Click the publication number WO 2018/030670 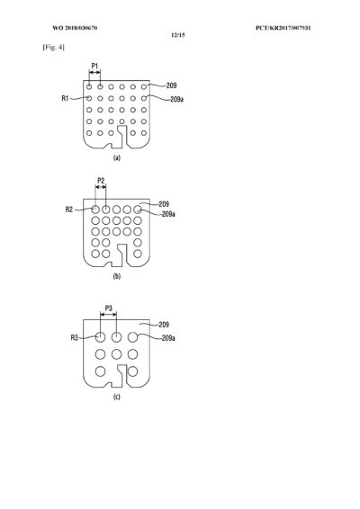(75, 28)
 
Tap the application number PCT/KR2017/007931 (283, 28)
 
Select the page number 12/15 (178, 35)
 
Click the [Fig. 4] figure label (54, 48)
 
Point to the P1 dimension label (94, 66)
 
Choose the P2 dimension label (102, 181)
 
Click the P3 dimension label (109, 308)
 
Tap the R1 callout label (65, 98)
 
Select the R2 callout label (69, 210)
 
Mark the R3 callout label (75, 338)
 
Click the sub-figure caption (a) (117, 158)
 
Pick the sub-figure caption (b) (117, 277)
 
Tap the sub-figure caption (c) (117, 397)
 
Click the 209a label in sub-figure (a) (176, 99)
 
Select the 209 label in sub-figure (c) (164, 325)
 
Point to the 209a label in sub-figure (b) (168, 214)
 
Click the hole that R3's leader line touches (101, 337)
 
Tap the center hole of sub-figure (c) (116, 354)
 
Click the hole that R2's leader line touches (95, 210)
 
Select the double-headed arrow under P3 (109, 314)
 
